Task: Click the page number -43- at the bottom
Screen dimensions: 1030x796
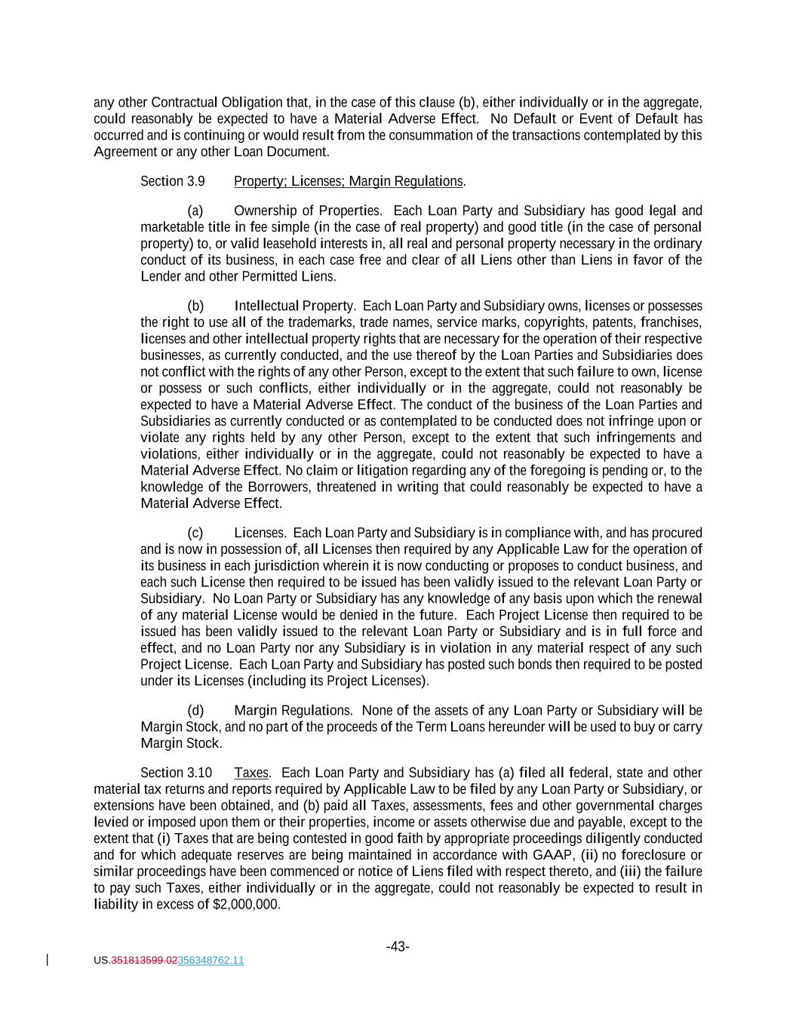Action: pyautogui.click(x=398, y=946)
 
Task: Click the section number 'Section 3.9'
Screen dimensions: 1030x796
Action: pyautogui.click(x=172, y=181)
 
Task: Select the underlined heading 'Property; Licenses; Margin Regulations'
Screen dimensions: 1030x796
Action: pyautogui.click(x=348, y=181)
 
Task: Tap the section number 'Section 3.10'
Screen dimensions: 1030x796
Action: pyautogui.click(x=176, y=773)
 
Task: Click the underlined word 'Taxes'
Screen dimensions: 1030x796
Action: pyautogui.click(x=251, y=773)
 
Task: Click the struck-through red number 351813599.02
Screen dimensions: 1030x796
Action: pyautogui.click(x=144, y=961)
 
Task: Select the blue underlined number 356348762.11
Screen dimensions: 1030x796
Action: pyautogui.click(x=211, y=961)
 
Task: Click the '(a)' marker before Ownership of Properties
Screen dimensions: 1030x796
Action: pyautogui.click(x=195, y=211)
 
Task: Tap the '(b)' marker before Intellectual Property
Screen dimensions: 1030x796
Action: pyautogui.click(x=195, y=306)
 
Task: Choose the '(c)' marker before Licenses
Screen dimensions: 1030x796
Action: pyautogui.click(x=195, y=533)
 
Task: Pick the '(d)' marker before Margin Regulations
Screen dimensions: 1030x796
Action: pyautogui.click(x=195, y=710)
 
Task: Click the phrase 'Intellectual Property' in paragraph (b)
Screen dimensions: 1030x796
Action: pyautogui.click(x=294, y=306)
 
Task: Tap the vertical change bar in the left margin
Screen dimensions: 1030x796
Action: pyautogui.click(x=48, y=960)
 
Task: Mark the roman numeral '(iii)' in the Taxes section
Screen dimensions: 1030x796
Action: pyautogui.click(x=631, y=872)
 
